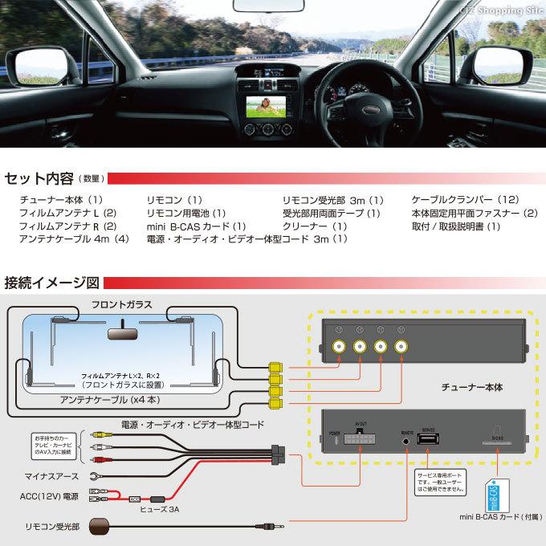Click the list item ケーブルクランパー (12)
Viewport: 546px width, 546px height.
[x=465, y=199]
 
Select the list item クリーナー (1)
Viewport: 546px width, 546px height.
[x=316, y=226]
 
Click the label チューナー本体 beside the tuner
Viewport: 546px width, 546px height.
[x=472, y=386]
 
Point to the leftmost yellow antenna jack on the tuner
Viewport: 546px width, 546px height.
[x=339, y=347]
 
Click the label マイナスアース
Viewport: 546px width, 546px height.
[x=51, y=475]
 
